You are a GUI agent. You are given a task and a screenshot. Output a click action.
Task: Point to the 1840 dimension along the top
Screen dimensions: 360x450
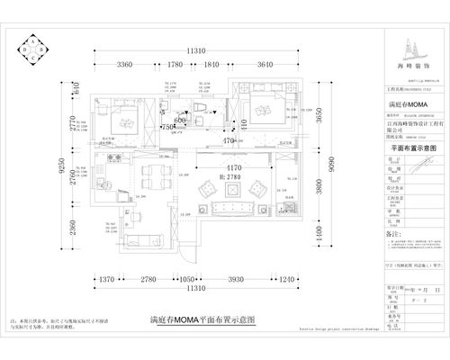213,66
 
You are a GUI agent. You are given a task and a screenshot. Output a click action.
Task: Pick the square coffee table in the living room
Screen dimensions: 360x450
229,191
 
